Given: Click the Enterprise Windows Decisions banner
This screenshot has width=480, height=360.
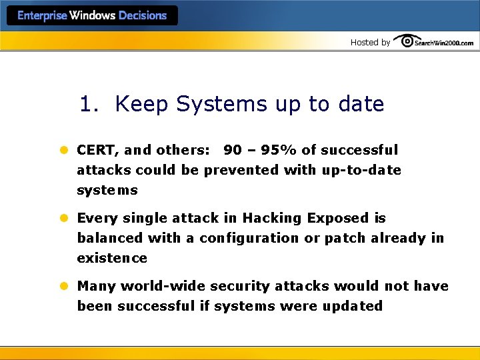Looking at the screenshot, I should point(92,16).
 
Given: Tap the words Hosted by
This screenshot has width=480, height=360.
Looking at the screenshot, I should point(370,43).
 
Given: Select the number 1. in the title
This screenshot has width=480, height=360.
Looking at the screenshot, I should point(90,104).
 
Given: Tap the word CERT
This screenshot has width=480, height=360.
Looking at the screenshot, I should point(97,151).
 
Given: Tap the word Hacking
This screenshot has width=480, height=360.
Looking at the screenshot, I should point(270,219).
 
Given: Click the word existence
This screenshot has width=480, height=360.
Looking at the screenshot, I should point(112,259).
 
